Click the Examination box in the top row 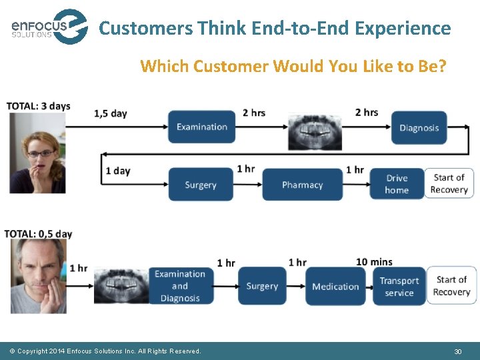[x=202, y=127]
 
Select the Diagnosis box [x=419, y=127]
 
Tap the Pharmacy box [x=302, y=185]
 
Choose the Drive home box [x=397, y=184]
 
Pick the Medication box [x=335, y=287]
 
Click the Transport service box [x=399, y=287]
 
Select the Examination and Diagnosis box [x=180, y=286]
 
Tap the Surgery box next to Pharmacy [x=201, y=185]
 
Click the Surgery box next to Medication [x=262, y=287]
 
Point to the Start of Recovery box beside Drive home [x=449, y=183]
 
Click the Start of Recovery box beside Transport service [x=451, y=286]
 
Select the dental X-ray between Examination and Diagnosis [x=314, y=131]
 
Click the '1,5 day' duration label [x=111, y=113]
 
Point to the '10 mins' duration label [x=374, y=262]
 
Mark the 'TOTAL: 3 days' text [x=38, y=107]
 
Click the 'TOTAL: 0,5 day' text [x=38, y=234]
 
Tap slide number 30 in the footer [x=457, y=351]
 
